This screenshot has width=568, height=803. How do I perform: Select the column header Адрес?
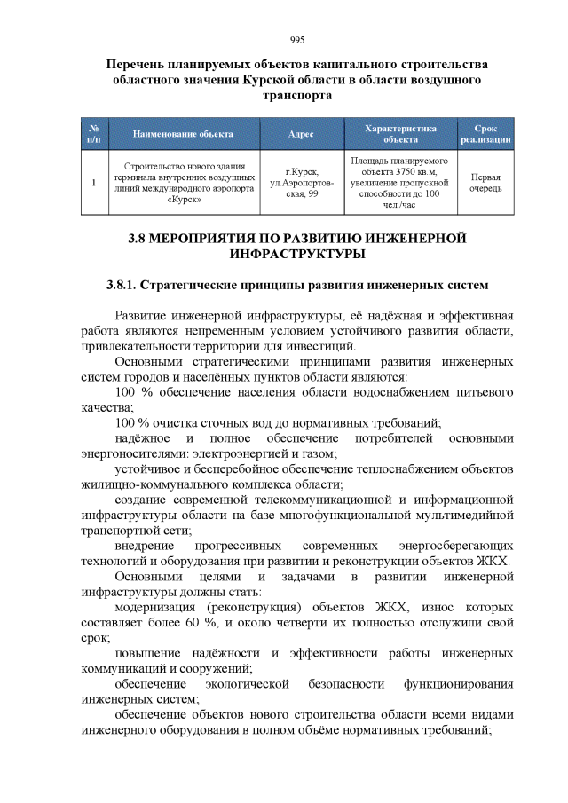301,134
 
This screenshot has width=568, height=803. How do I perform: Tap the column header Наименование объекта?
183,134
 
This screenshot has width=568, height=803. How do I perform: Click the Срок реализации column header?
485,134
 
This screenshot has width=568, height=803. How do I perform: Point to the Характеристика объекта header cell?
400,134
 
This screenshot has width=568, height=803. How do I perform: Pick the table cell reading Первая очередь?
485,183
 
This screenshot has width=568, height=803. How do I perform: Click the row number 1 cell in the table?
94,183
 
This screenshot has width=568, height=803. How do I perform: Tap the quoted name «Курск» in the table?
183,200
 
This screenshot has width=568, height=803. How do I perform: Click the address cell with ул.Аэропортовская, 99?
301,183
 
